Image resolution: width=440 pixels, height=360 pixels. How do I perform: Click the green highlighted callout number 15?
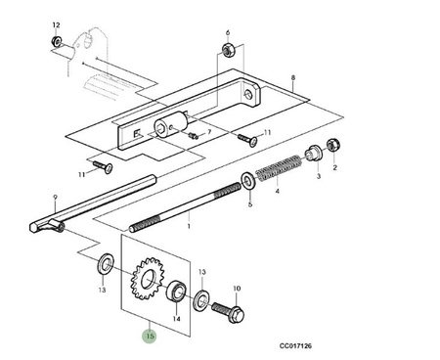point(150,336)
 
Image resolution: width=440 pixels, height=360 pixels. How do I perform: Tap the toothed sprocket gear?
point(147,279)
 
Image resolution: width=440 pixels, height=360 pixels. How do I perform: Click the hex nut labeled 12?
point(57,41)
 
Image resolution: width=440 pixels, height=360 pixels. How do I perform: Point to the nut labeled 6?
point(227,50)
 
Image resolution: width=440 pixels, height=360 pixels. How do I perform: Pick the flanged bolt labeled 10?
point(229,312)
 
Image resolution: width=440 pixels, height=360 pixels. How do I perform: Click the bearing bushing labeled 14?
point(177,292)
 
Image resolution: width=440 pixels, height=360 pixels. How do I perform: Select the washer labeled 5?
point(249,180)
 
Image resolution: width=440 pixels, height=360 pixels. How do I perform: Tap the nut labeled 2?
point(333,145)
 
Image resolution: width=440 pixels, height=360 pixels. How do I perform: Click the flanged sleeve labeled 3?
point(314,152)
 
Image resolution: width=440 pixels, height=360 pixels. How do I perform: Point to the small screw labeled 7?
point(194,135)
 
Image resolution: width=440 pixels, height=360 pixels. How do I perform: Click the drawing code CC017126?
point(295,346)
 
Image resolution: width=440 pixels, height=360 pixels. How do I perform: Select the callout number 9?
point(55,197)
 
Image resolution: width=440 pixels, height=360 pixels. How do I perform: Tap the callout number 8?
point(293,78)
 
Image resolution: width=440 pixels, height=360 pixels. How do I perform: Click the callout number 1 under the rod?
point(189,226)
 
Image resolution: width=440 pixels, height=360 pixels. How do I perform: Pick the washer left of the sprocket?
point(106,263)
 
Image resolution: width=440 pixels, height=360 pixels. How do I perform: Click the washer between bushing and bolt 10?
point(201,299)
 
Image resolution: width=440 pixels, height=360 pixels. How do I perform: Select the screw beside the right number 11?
point(247,139)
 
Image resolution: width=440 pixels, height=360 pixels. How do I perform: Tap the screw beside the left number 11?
point(103,166)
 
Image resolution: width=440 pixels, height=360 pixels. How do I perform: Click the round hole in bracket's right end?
point(248,95)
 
